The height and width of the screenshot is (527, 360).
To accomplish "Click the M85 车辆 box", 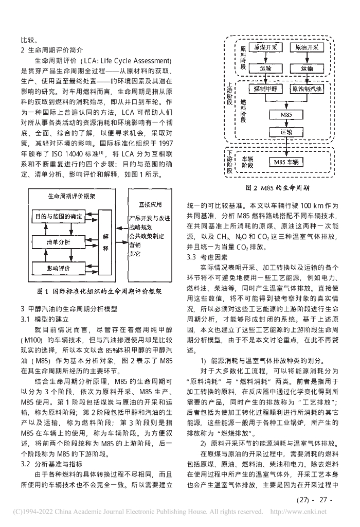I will coord(287,162).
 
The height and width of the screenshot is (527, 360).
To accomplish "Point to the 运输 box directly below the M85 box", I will coord(287,132).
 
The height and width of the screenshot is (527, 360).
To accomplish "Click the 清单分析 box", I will coord(58,241).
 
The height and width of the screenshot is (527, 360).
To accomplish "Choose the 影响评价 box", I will coord(58,268).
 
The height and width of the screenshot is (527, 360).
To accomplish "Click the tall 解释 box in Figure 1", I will coord(105,241).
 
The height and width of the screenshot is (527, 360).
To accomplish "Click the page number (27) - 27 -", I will coord(316,499).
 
